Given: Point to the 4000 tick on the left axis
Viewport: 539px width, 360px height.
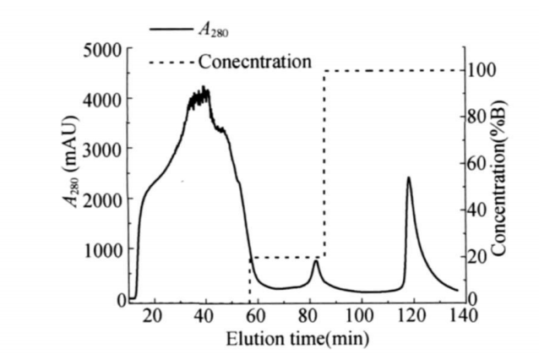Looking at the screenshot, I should [x=103, y=99].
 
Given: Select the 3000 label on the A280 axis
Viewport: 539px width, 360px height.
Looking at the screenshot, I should [x=103, y=149].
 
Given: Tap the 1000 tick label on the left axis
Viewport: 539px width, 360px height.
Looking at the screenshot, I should [x=103, y=249].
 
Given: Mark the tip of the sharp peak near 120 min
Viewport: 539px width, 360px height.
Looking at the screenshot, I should [x=409, y=177].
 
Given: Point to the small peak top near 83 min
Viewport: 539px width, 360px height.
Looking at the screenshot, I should [x=316, y=261].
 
